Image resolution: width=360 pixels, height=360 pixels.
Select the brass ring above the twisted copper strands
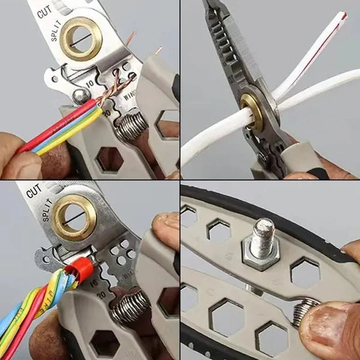[80, 38]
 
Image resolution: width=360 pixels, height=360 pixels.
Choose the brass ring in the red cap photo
[74, 217]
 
